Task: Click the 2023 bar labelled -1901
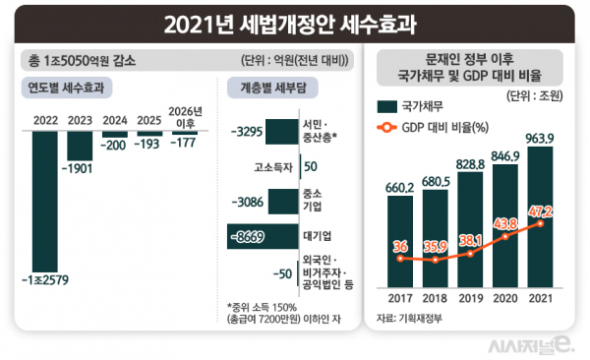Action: coord(81,145)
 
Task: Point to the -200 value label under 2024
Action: coord(115,145)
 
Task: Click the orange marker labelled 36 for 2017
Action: coord(400,258)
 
